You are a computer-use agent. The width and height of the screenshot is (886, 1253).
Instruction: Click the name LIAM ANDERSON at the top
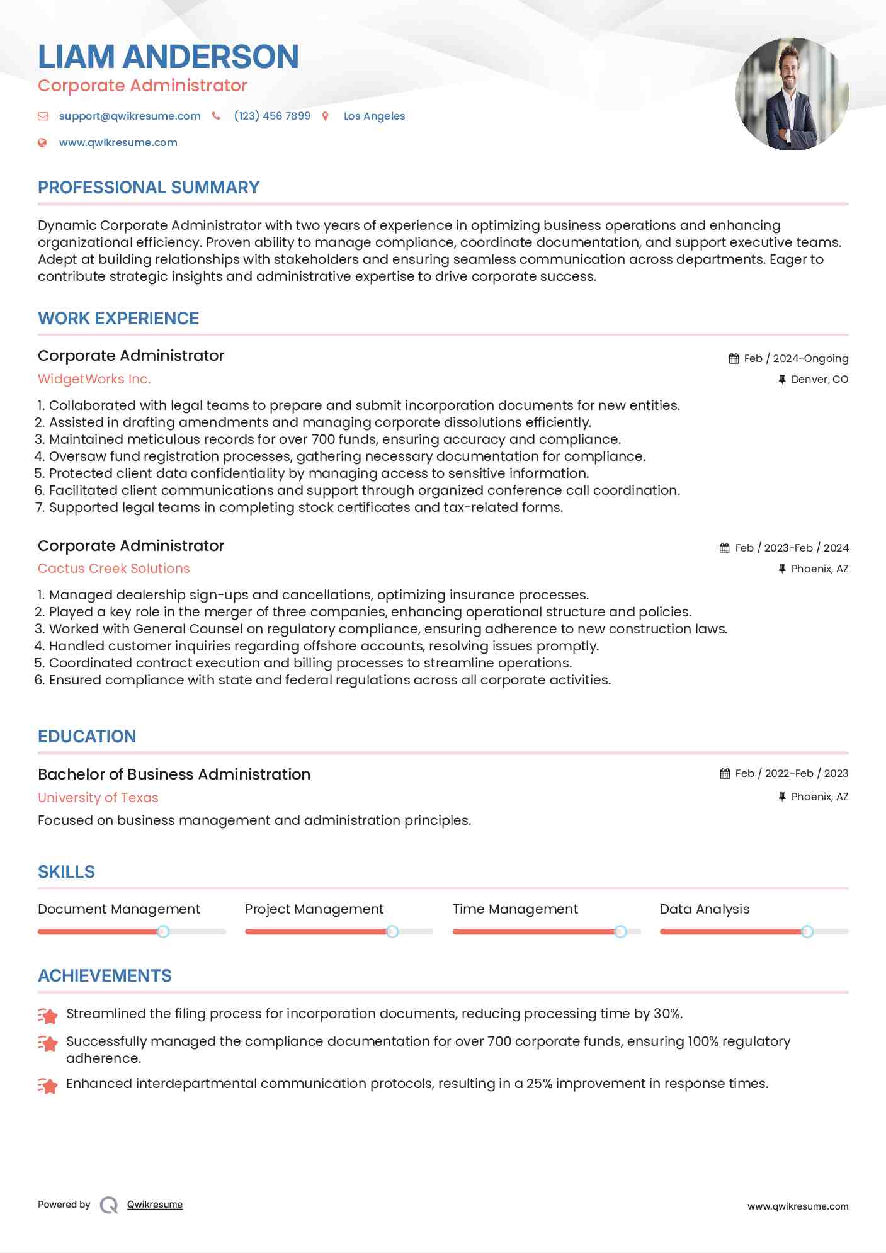168,57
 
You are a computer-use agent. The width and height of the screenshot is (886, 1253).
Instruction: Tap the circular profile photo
792,94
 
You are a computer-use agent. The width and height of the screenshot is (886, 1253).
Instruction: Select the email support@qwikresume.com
130,116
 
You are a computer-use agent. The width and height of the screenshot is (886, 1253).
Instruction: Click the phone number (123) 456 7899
272,116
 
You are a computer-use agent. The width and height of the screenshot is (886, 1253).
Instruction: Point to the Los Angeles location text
374,116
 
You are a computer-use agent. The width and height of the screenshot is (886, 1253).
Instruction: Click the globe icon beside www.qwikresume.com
43,143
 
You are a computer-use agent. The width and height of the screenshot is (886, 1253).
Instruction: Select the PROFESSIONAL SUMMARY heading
149,188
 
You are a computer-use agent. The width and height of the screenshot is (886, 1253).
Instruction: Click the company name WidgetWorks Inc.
94,379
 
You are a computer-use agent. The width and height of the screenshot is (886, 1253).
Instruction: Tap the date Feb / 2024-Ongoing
796,358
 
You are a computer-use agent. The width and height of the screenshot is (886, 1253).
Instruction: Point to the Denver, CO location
819,379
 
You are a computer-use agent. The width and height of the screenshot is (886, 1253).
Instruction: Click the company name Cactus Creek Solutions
113,569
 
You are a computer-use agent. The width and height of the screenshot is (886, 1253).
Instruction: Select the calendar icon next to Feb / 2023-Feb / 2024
724,548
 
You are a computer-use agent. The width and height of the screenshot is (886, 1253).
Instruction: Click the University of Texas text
98,798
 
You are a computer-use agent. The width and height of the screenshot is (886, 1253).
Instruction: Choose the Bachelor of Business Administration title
174,774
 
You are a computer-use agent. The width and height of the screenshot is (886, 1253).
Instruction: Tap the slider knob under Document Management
163,931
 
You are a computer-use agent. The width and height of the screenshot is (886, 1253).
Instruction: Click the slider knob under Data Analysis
807,931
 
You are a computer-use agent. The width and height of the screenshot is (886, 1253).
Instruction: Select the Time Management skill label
515,909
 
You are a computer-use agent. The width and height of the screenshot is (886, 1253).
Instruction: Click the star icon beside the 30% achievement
48,1015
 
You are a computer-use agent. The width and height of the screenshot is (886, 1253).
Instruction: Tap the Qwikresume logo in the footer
109,1205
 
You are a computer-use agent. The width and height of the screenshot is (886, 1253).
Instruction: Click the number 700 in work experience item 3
323,439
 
